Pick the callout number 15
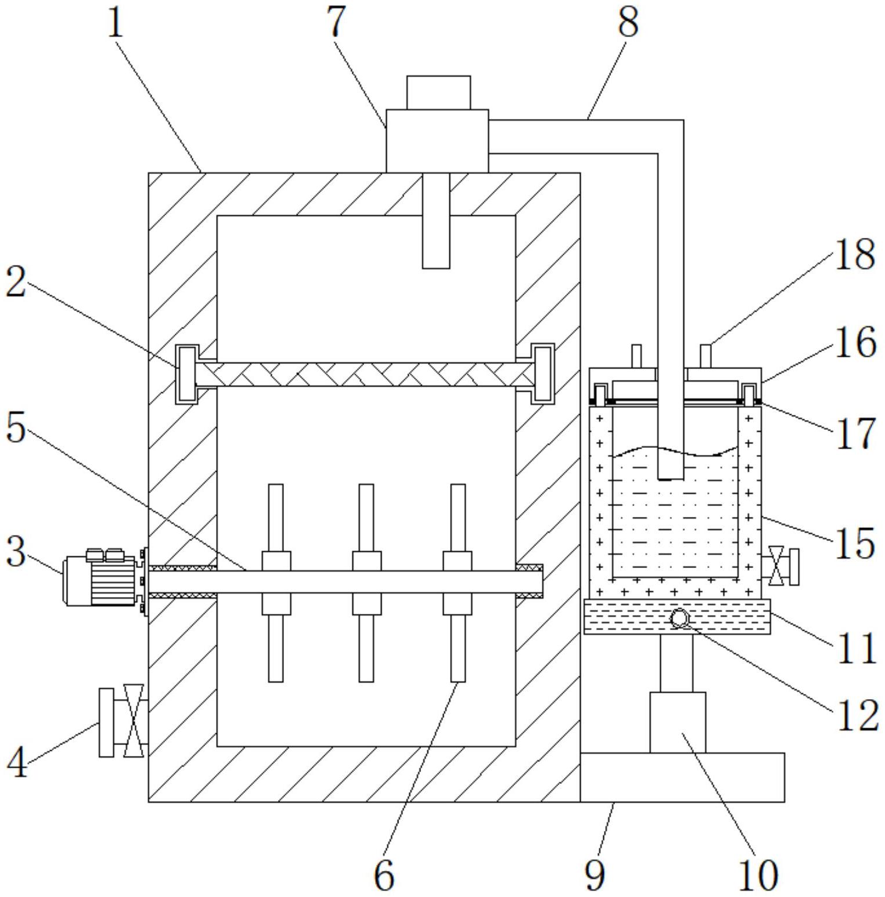(854, 543)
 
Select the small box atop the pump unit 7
(438, 92)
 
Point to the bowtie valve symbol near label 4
(134, 721)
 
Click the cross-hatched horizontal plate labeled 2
(366, 374)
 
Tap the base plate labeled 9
(682, 777)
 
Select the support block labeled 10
(678, 722)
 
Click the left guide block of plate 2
(187, 374)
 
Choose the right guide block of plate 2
(544, 374)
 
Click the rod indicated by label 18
(706, 356)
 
